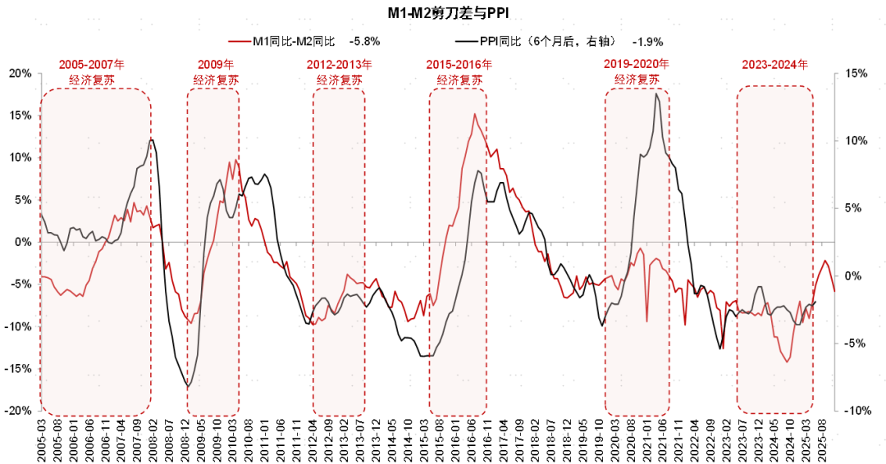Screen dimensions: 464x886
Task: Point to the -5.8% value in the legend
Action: [x=364, y=40]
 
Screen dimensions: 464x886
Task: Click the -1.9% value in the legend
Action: [x=647, y=40]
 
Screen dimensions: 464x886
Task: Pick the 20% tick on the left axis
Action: [x=19, y=73]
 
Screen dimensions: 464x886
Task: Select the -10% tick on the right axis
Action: [x=856, y=410]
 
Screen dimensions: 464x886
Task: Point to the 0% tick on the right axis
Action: [x=853, y=275]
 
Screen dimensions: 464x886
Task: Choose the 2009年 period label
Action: [x=216, y=64]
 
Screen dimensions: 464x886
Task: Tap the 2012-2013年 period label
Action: [x=340, y=64]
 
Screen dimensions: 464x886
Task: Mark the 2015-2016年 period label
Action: [x=459, y=64]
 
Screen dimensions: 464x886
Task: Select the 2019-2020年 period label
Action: [x=637, y=63]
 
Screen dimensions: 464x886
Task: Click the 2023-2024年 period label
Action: [x=774, y=64]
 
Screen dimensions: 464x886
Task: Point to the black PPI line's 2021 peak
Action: [x=656, y=94]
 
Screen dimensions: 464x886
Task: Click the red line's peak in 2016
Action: [x=474, y=114]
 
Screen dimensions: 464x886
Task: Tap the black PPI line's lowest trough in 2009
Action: [x=189, y=386]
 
